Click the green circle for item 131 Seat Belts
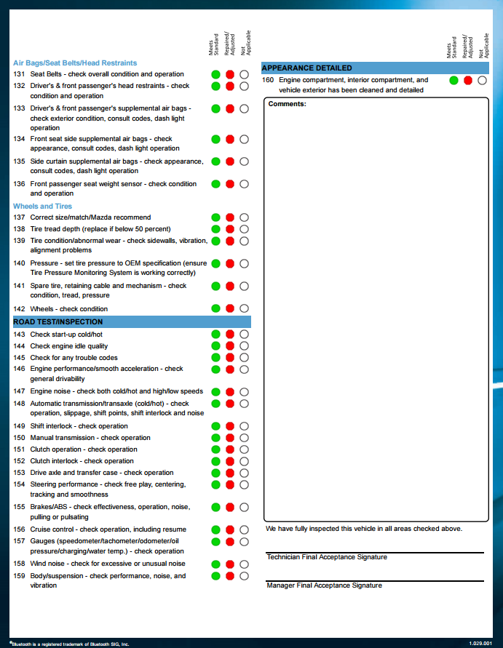click(x=216, y=74)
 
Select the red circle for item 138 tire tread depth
click(x=230, y=229)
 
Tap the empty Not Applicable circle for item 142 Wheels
click(x=244, y=308)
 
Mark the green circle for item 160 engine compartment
click(x=454, y=80)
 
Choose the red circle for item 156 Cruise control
click(x=230, y=529)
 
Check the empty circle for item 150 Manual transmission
click(x=244, y=438)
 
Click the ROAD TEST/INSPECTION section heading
click(x=58, y=321)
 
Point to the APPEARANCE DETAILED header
click(x=307, y=68)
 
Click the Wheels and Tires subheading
click(x=42, y=207)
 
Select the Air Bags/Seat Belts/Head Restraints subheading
click(x=75, y=63)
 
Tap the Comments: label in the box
click(x=287, y=104)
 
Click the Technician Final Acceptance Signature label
click(x=327, y=557)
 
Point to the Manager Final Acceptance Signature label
click(x=324, y=585)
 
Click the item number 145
click(x=19, y=358)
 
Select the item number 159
click(x=19, y=576)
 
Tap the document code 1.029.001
click(x=480, y=644)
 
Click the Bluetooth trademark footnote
click(x=70, y=644)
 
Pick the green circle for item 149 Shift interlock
click(x=216, y=426)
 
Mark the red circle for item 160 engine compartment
click(x=468, y=80)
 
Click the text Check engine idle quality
click(x=69, y=346)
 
